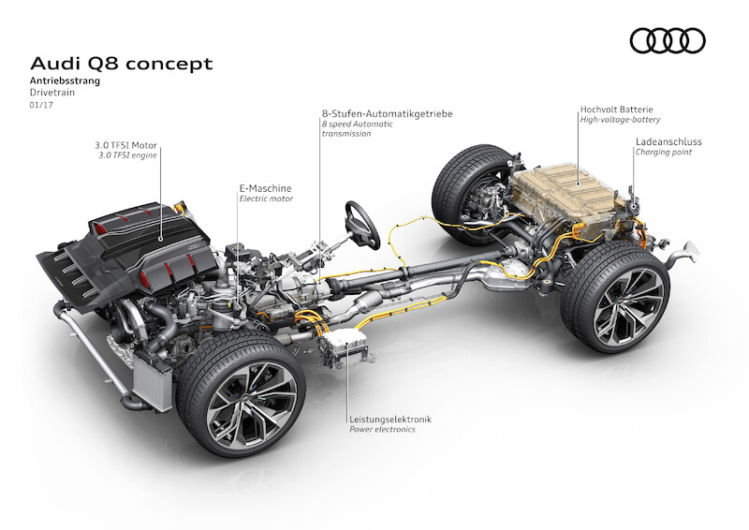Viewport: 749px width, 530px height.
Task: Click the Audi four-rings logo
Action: tap(668, 40)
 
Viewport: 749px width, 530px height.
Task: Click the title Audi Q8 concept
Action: tap(122, 64)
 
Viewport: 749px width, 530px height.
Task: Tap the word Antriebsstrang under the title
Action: tap(65, 81)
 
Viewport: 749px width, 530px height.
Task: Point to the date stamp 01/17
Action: tap(41, 105)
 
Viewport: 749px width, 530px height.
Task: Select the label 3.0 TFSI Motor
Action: tap(125, 145)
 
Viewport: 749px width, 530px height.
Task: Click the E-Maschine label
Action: tap(265, 188)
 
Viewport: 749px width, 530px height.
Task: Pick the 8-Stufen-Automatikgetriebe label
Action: tap(387, 113)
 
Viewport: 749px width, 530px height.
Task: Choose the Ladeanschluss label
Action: tap(668, 142)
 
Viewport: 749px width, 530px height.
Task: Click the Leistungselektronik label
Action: tap(390, 420)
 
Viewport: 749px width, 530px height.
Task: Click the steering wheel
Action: tap(362, 225)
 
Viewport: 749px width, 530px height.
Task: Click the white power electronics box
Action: tap(345, 344)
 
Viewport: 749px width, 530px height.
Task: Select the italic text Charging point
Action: tap(663, 153)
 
